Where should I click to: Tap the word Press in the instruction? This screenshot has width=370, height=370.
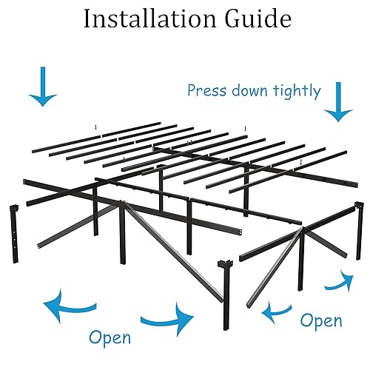pyautogui.click(x=206, y=91)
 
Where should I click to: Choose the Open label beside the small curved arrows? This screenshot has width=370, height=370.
pyautogui.click(x=321, y=320)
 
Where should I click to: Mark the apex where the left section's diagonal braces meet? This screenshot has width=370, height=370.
pyautogui.click(x=123, y=203)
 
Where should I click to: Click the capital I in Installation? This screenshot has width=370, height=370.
pyautogui.click(x=87, y=20)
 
